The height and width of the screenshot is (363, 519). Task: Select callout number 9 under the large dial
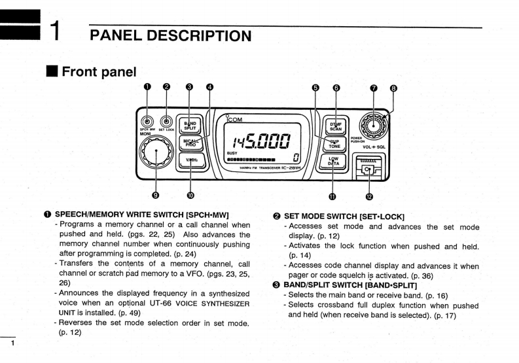tap(155, 194)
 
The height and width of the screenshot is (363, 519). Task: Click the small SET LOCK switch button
tap(167, 121)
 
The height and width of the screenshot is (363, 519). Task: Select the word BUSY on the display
tap(232, 152)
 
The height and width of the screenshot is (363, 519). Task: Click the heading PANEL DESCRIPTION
tap(170, 36)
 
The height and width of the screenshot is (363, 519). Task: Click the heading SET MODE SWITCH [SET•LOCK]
tap(344, 216)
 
